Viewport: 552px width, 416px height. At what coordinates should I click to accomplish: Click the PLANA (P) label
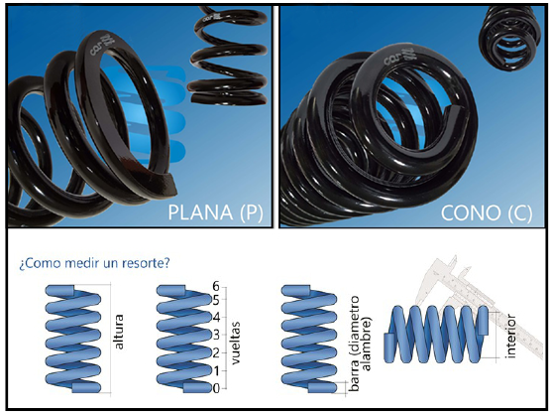(215, 212)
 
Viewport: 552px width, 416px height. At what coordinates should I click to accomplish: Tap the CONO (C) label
(487, 212)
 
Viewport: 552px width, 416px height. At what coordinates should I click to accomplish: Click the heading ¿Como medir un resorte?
(94, 263)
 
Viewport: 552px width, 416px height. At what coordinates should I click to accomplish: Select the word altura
(119, 332)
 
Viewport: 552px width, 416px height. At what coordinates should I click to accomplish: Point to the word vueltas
(236, 343)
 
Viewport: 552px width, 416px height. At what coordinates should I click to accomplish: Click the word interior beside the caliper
(510, 337)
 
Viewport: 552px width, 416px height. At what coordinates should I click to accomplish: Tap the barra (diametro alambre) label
(360, 343)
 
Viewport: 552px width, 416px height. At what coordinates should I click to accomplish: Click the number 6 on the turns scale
(215, 286)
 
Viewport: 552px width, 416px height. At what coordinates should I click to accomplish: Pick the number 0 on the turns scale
(215, 388)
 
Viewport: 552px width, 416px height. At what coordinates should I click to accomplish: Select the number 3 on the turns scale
(215, 335)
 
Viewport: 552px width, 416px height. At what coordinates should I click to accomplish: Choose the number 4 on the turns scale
(215, 317)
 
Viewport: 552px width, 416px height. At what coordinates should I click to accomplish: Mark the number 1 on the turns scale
(215, 370)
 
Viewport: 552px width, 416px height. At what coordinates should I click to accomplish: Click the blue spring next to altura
(73, 339)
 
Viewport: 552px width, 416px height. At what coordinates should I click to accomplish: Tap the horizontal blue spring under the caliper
(436, 335)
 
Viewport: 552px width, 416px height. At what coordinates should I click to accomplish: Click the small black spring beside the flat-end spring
(228, 56)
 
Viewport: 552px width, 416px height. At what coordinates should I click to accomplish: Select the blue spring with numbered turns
(184, 339)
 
